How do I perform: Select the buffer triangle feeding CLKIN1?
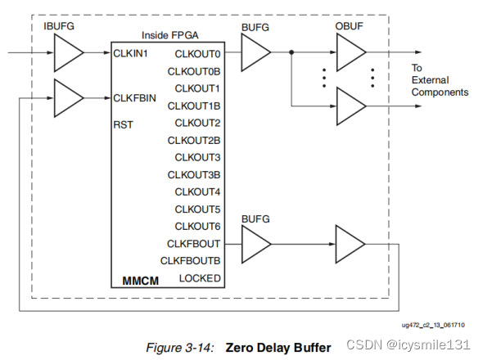point(69,54)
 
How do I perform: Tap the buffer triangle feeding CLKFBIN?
point(69,97)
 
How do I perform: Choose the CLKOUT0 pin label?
point(197,54)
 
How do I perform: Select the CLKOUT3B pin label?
point(194,174)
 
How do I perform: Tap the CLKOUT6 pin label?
point(197,226)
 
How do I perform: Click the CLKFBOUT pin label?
point(194,243)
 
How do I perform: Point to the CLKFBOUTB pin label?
point(191,261)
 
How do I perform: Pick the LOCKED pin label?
point(201,278)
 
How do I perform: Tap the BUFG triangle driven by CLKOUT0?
point(255,54)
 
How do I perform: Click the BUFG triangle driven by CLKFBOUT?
point(255,243)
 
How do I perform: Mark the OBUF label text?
point(350,28)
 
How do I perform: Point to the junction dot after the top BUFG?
point(292,54)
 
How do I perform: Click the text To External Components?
point(440,80)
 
